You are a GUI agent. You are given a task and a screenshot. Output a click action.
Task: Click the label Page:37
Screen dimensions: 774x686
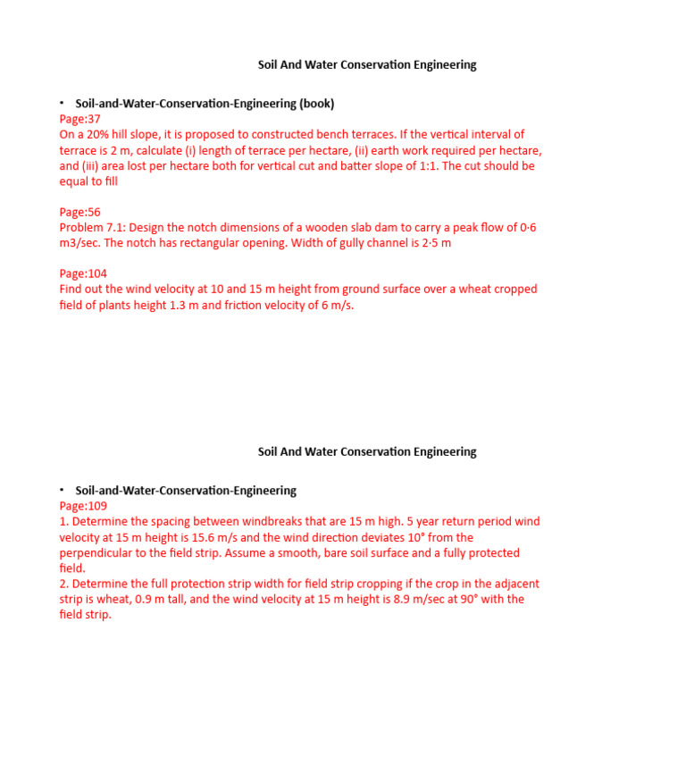[79, 119]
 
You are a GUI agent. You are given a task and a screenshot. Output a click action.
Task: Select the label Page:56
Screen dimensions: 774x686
[79, 212]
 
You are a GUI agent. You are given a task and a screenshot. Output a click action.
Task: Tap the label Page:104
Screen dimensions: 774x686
[83, 273]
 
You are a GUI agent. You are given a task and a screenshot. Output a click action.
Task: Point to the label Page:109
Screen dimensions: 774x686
[83, 506]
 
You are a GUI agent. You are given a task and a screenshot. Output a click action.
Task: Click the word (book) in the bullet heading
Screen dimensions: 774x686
[317, 104]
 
